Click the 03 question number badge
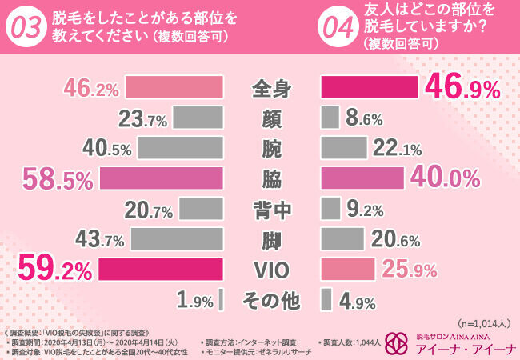[x=26, y=26]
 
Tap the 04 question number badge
[x=338, y=26]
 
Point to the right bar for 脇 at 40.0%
[x=362, y=178]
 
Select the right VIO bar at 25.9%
[x=348, y=270]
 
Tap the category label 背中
[x=271, y=209]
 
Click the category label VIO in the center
[x=271, y=270]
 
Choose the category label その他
[x=271, y=300]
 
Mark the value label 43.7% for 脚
[x=99, y=239]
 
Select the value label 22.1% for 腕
[x=392, y=148]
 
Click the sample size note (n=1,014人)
[x=486, y=323]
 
